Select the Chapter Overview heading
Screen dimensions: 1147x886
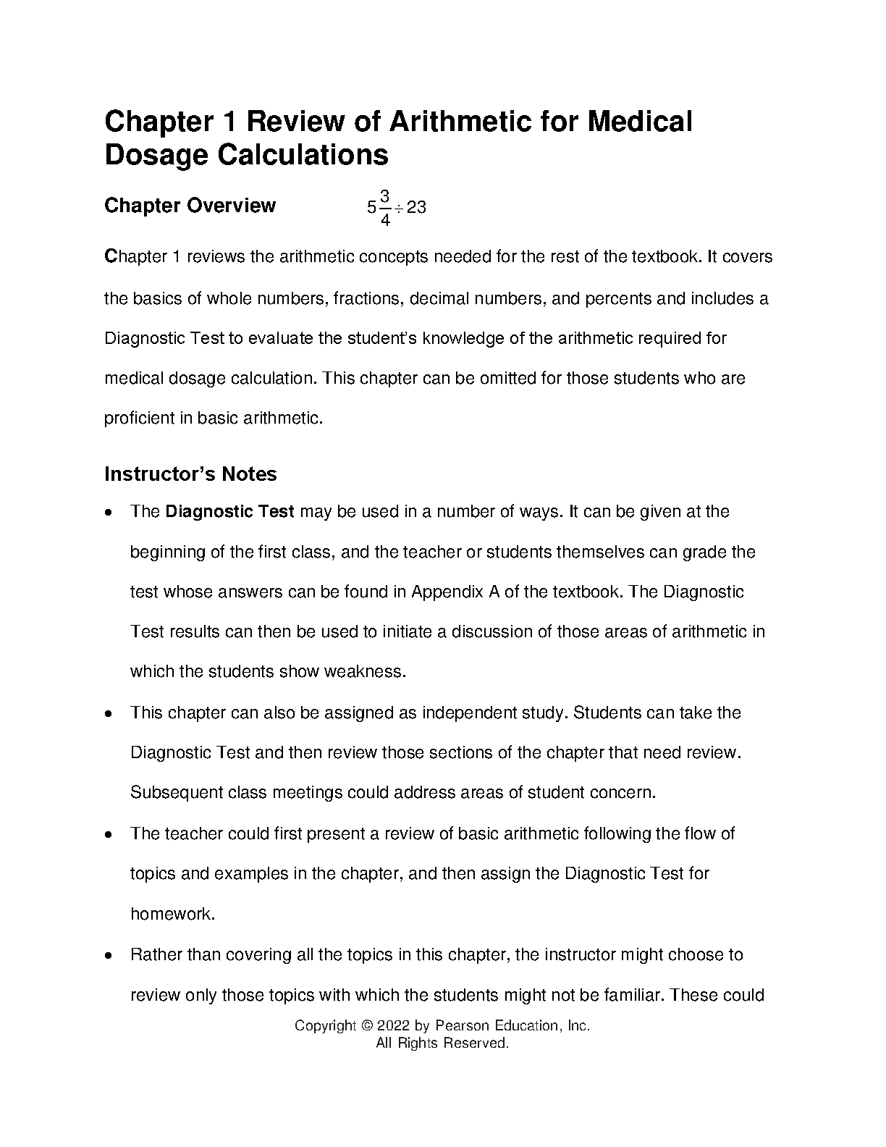point(190,206)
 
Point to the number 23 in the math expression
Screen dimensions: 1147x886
point(416,208)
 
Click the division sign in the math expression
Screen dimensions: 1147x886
point(399,208)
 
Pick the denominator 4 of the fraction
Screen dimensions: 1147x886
point(385,220)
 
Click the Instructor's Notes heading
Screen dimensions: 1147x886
point(190,474)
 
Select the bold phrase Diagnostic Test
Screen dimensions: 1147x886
point(229,512)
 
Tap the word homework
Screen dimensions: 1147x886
point(172,914)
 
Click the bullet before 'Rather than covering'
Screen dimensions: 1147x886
point(108,956)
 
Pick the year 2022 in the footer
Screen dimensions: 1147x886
point(394,1026)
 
